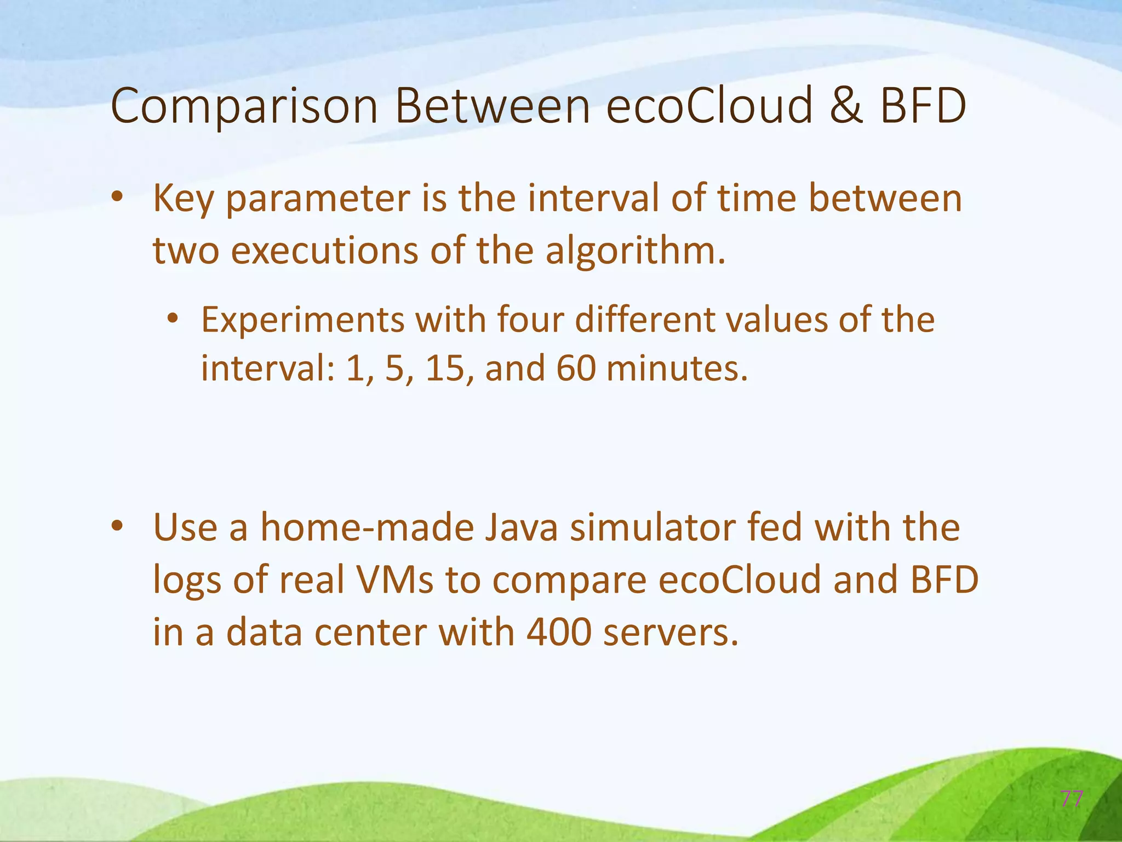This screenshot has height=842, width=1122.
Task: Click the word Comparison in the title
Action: [244, 107]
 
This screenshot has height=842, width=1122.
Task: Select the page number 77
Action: [1071, 799]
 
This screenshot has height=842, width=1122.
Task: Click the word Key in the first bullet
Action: [183, 200]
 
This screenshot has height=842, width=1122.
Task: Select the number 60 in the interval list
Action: [576, 368]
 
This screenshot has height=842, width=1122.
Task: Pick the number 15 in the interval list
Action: [445, 368]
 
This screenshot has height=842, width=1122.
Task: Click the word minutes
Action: [677, 368]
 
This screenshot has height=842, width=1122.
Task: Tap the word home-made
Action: [367, 528]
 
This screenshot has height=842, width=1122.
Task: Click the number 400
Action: [559, 633]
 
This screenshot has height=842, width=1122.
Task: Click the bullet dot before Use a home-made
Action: [117, 527]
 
